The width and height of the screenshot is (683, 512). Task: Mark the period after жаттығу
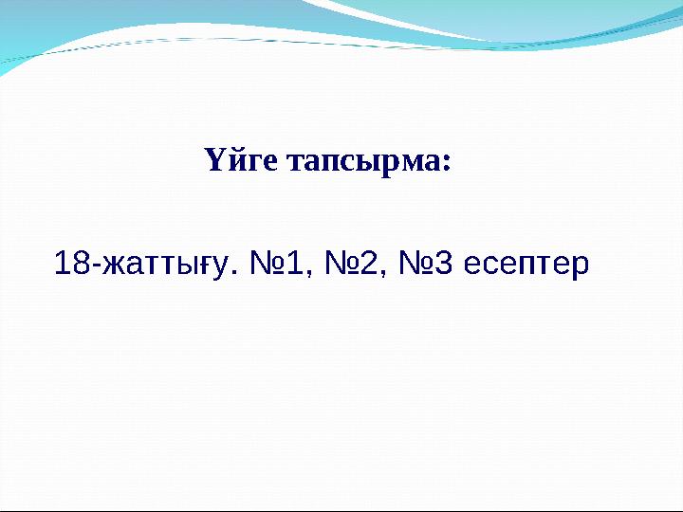pyautogui.click(x=234, y=273)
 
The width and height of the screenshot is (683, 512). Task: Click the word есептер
pyautogui.click(x=527, y=265)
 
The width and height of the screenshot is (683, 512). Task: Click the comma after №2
pyautogui.click(x=382, y=274)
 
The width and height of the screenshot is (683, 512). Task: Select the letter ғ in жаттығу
pyautogui.click(x=210, y=265)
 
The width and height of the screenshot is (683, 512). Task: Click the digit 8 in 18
pyautogui.click(x=82, y=263)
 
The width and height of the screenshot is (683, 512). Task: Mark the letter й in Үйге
pyautogui.click(x=233, y=161)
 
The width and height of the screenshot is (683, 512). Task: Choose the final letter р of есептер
pyautogui.click(x=581, y=266)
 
